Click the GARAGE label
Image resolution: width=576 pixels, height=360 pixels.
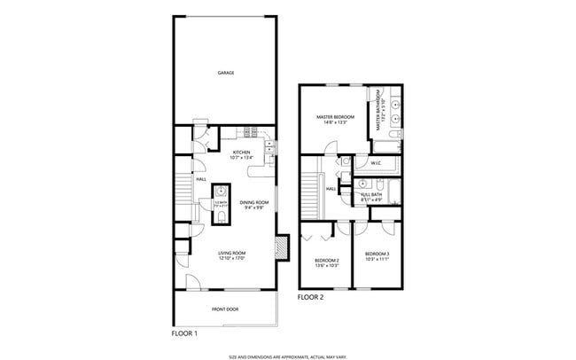226,73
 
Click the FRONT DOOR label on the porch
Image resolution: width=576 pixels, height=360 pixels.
224,309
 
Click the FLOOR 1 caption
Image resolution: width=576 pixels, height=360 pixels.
183,333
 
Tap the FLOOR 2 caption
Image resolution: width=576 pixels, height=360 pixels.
311,297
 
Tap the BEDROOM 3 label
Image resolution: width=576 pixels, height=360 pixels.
377,257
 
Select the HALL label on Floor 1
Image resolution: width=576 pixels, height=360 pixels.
201,179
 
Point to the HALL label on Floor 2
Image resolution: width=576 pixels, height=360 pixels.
330,188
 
